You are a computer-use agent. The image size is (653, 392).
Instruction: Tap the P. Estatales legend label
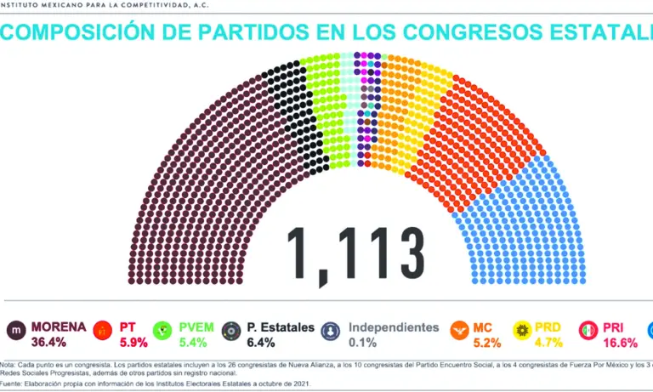281,327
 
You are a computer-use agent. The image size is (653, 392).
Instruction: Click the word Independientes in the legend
394,327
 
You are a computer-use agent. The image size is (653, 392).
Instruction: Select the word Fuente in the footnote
11,383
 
